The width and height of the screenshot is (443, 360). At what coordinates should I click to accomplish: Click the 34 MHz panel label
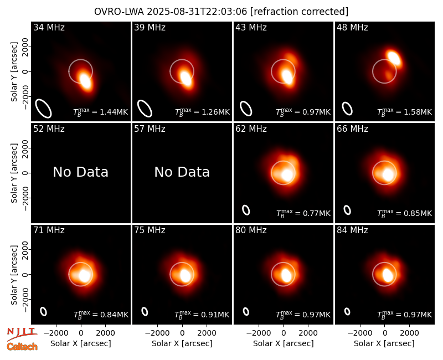(x=49, y=27)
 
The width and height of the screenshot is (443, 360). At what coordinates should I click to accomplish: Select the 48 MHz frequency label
(x=352, y=27)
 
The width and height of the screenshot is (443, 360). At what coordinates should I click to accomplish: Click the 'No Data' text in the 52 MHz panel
(x=80, y=172)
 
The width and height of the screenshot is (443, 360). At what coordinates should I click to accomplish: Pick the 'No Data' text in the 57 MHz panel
(x=182, y=172)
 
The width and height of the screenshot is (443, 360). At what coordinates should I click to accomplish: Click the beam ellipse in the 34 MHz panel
(x=43, y=108)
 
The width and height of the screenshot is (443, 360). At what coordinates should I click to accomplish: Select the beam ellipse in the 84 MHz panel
(x=347, y=311)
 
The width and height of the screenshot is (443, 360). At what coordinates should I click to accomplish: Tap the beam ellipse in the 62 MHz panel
(x=246, y=210)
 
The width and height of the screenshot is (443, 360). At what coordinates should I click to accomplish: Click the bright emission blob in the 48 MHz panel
(x=394, y=58)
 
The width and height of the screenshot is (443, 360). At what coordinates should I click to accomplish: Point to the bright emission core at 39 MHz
(x=186, y=78)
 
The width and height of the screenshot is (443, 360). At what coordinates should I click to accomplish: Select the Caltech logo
(x=22, y=347)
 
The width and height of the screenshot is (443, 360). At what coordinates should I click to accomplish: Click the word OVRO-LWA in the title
(x=119, y=12)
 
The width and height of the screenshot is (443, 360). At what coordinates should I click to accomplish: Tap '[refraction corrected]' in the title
(x=299, y=12)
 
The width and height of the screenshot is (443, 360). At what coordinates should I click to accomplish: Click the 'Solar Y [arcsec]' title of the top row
(x=14, y=72)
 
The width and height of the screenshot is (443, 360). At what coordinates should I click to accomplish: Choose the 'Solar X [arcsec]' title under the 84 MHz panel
(x=384, y=343)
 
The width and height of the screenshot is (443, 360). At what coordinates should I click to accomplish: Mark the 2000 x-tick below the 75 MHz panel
(x=207, y=333)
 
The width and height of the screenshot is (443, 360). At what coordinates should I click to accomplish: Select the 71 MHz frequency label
(x=49, y=230)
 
